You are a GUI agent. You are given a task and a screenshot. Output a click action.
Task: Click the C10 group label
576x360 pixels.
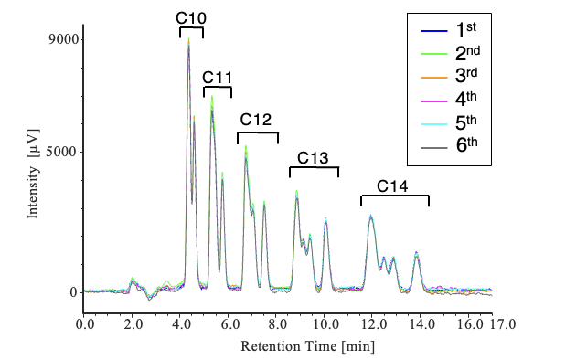[x=191, y=18]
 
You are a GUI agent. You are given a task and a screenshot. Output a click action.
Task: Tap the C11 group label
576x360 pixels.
[x=217, y=78]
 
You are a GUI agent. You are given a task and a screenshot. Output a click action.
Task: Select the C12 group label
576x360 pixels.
[x=256, y=120]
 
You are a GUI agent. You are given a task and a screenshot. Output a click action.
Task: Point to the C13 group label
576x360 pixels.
[x=313, y=158]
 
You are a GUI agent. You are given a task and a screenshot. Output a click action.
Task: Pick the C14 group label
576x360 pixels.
[x=392, y=186]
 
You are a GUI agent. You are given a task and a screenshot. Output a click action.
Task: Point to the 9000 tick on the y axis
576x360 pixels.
[x=63, y=39]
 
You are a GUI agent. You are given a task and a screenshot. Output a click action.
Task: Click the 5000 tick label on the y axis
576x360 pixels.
[x=62, y=152]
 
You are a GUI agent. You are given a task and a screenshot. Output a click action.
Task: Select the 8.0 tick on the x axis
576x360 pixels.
[x=276, y=324]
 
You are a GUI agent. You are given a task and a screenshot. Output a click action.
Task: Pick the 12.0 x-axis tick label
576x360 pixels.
[x=373, y=324]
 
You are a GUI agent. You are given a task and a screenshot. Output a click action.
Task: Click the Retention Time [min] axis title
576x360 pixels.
[x=308, y=346]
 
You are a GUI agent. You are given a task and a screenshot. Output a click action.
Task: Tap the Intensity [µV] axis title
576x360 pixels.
[x=33, y=174]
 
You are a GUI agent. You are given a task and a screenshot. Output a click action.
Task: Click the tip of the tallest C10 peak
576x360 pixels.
[x=189, y=38]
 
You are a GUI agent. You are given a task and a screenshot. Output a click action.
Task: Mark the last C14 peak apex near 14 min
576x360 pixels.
[x=416, y=252]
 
